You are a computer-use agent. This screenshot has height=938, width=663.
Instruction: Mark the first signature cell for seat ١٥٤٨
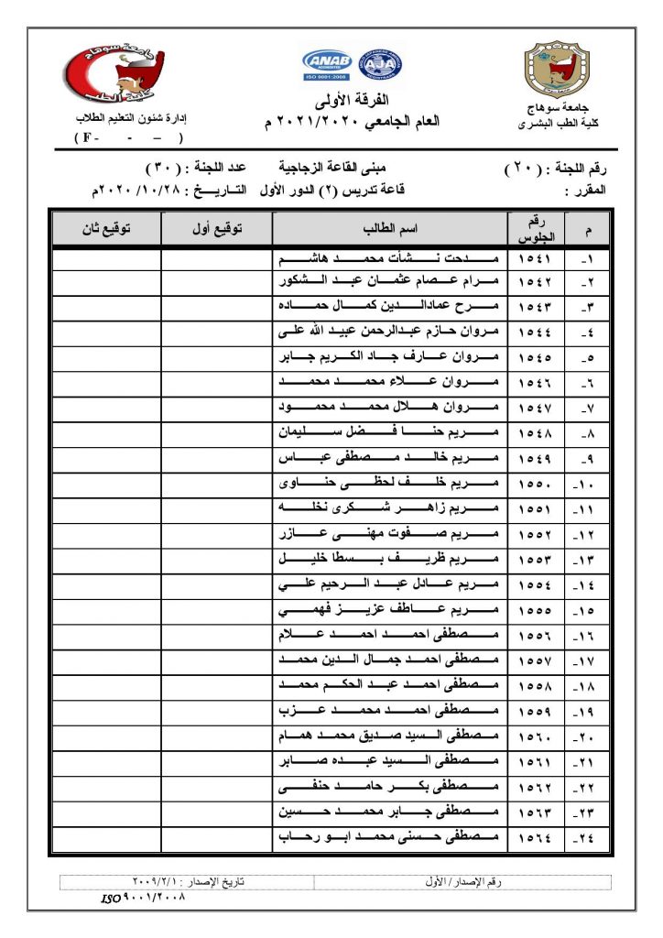[x=216, y=431]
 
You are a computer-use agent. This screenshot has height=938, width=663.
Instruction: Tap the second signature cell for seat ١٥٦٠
[x=105, y=736]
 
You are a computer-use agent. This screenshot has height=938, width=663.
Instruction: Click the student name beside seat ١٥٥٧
[x=391, y=660]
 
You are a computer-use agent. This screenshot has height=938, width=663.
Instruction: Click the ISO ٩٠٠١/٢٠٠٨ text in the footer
[x=143, y=899]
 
